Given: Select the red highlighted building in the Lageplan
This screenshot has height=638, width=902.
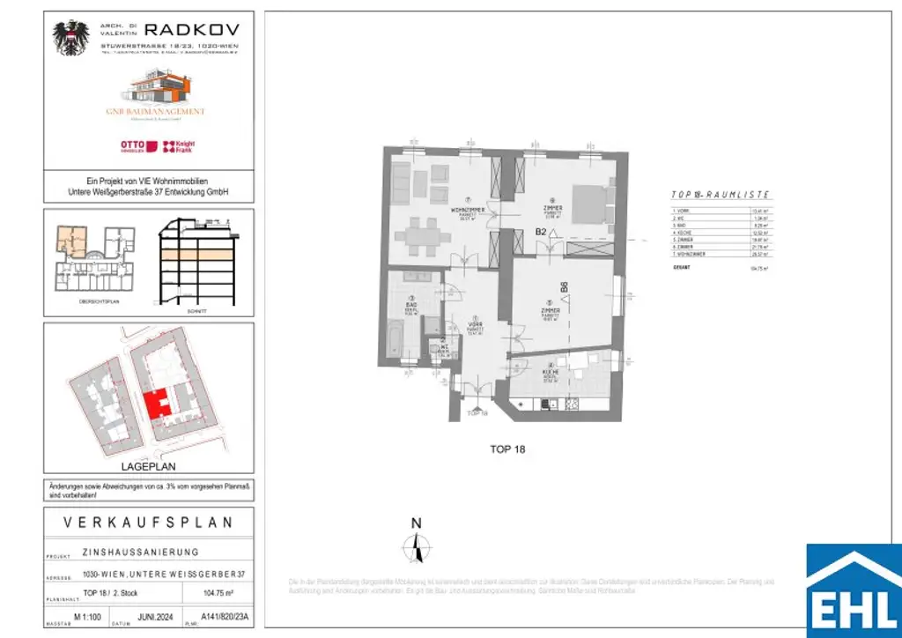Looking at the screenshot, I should click(157, 404).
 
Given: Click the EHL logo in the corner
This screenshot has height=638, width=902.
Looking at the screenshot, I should click(854, 590).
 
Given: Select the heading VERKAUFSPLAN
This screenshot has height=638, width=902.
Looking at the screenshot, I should click(149, 523).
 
